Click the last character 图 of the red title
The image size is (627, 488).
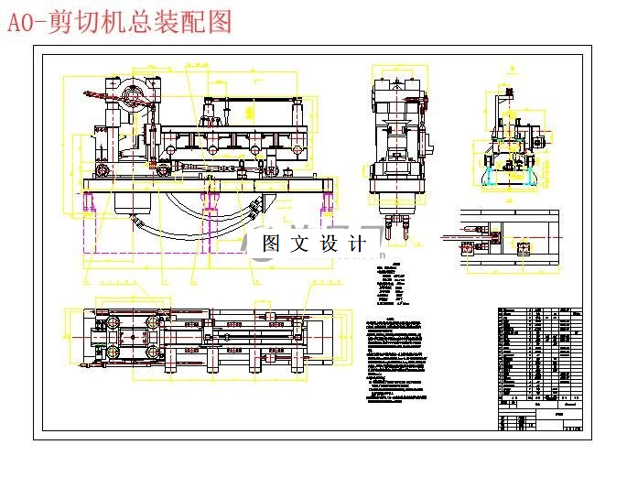pyautogui.click(x=220, y=22)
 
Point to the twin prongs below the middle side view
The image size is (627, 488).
pyautogui.click(x=396, y=225)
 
